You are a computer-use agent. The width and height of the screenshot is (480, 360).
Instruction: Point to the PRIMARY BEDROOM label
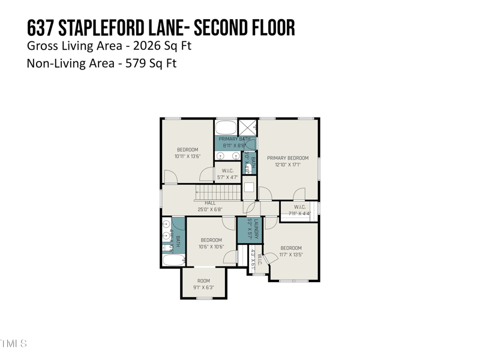(287, 158)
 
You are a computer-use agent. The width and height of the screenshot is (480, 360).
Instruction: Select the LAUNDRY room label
(256, 228)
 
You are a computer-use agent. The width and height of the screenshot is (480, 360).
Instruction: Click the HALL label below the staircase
(210, 203)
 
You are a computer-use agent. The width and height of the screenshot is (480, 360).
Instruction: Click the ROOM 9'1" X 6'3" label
(204, 284)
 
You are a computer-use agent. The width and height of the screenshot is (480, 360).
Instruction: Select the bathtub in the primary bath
(226, 128)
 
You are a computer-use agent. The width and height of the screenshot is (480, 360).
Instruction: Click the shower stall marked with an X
(247, 127)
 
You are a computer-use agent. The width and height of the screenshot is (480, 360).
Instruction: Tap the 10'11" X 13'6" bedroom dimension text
(187, 157)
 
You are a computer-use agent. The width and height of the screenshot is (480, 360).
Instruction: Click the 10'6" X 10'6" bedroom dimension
(211, 247)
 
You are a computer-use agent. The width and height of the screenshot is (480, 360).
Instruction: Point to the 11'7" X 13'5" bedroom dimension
(291, 254)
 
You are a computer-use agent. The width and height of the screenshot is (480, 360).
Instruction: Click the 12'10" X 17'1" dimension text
(287, 164)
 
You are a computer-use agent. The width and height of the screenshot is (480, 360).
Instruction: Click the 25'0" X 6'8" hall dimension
(210, 209)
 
